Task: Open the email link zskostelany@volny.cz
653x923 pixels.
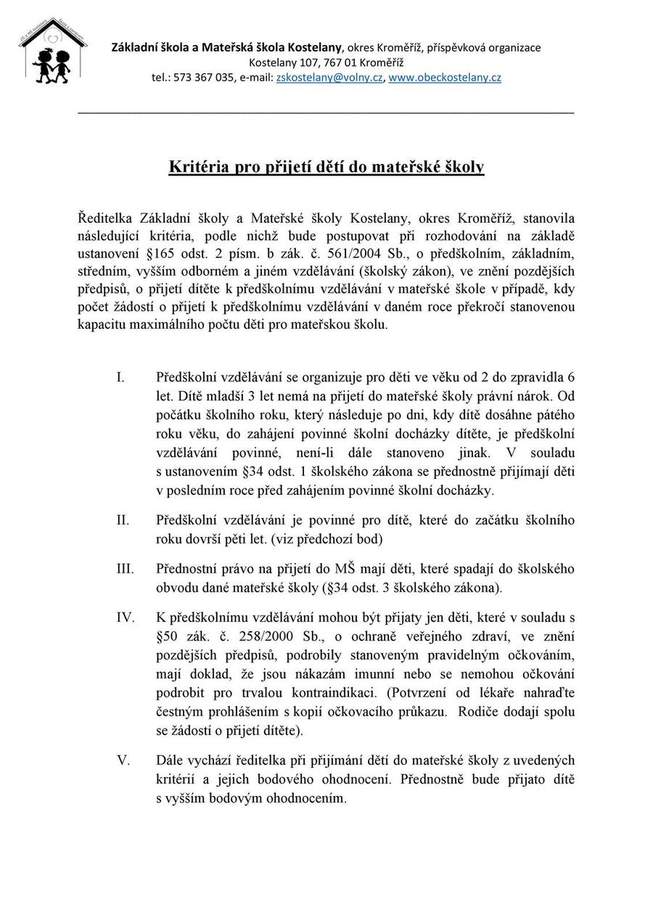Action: click(329, 78)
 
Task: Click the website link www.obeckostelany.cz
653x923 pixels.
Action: click(444, 78)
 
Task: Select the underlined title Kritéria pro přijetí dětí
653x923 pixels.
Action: click(326, 167)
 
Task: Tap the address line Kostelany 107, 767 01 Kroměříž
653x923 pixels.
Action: click(326, 62)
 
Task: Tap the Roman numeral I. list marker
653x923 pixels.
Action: click(120, 377)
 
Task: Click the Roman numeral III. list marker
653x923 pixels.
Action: click(125, 568)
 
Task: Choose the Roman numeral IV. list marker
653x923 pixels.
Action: click(126, 618)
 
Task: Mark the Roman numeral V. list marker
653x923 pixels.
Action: click(123, 760)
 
